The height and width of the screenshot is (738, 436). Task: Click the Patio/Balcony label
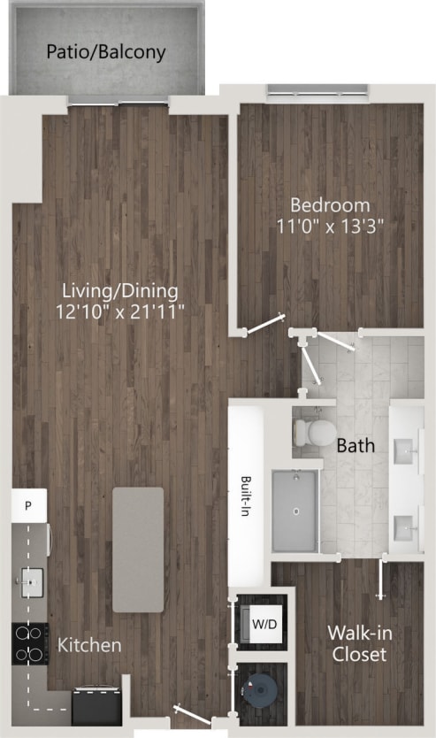[106, 52]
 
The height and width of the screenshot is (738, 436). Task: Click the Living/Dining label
[120, 290]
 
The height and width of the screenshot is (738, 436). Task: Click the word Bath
[355, 446]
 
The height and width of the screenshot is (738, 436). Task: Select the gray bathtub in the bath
[294, 511]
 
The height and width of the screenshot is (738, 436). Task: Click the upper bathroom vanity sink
[408, 451]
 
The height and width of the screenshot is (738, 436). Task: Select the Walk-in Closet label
[357, 643]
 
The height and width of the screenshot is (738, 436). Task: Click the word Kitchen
[89, 645]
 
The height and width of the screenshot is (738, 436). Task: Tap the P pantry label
[28, 506]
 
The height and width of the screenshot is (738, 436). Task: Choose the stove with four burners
[28, 643]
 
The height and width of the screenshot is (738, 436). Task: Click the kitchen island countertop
[137, 550]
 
